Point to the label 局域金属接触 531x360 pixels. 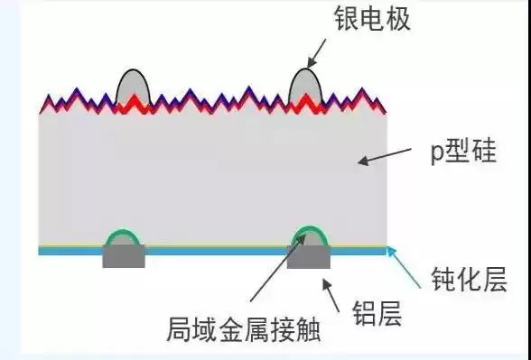244,329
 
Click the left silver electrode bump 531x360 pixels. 133,88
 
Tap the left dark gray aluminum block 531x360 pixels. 124,258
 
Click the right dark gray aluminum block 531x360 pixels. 308,259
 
